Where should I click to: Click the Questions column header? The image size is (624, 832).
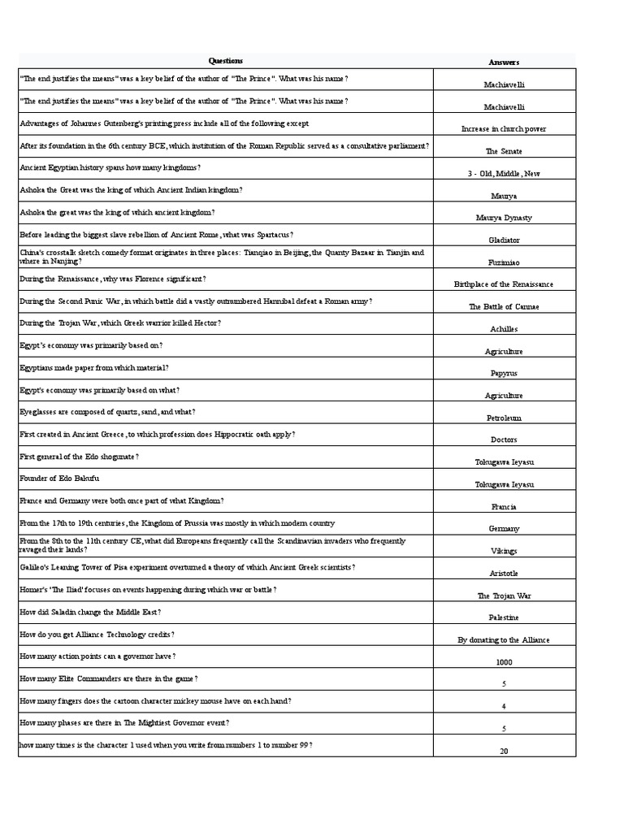(x=225, y=61)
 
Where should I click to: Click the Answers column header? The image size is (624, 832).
(x=504, y=63)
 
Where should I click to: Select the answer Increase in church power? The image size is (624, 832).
(x=504, y=129)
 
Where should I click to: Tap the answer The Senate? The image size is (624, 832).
(x=504, y=151)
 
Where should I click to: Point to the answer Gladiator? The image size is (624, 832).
(x=504, y=240)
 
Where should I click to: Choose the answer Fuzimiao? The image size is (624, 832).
(x=504, y=262)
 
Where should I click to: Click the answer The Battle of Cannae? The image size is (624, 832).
(x=504, y=307)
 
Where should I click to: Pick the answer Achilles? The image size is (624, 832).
(x=504, y=329)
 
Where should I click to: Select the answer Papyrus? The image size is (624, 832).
(x=504, y=373)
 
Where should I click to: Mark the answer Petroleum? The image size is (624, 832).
(x=504, y=418)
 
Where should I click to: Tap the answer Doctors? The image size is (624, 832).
(x=504, y=440)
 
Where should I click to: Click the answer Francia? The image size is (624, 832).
(x=504, y=507)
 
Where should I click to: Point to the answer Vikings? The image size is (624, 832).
(x=504, y=551)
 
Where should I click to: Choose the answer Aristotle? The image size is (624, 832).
(x=504, y=574)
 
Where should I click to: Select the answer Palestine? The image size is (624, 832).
(x=504, y=617)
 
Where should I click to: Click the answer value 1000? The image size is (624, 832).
(x=504, y=662)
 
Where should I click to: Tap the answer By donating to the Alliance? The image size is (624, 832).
(x=504, y=640)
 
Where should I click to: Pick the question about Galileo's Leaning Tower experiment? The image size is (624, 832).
(x=187, y=567)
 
